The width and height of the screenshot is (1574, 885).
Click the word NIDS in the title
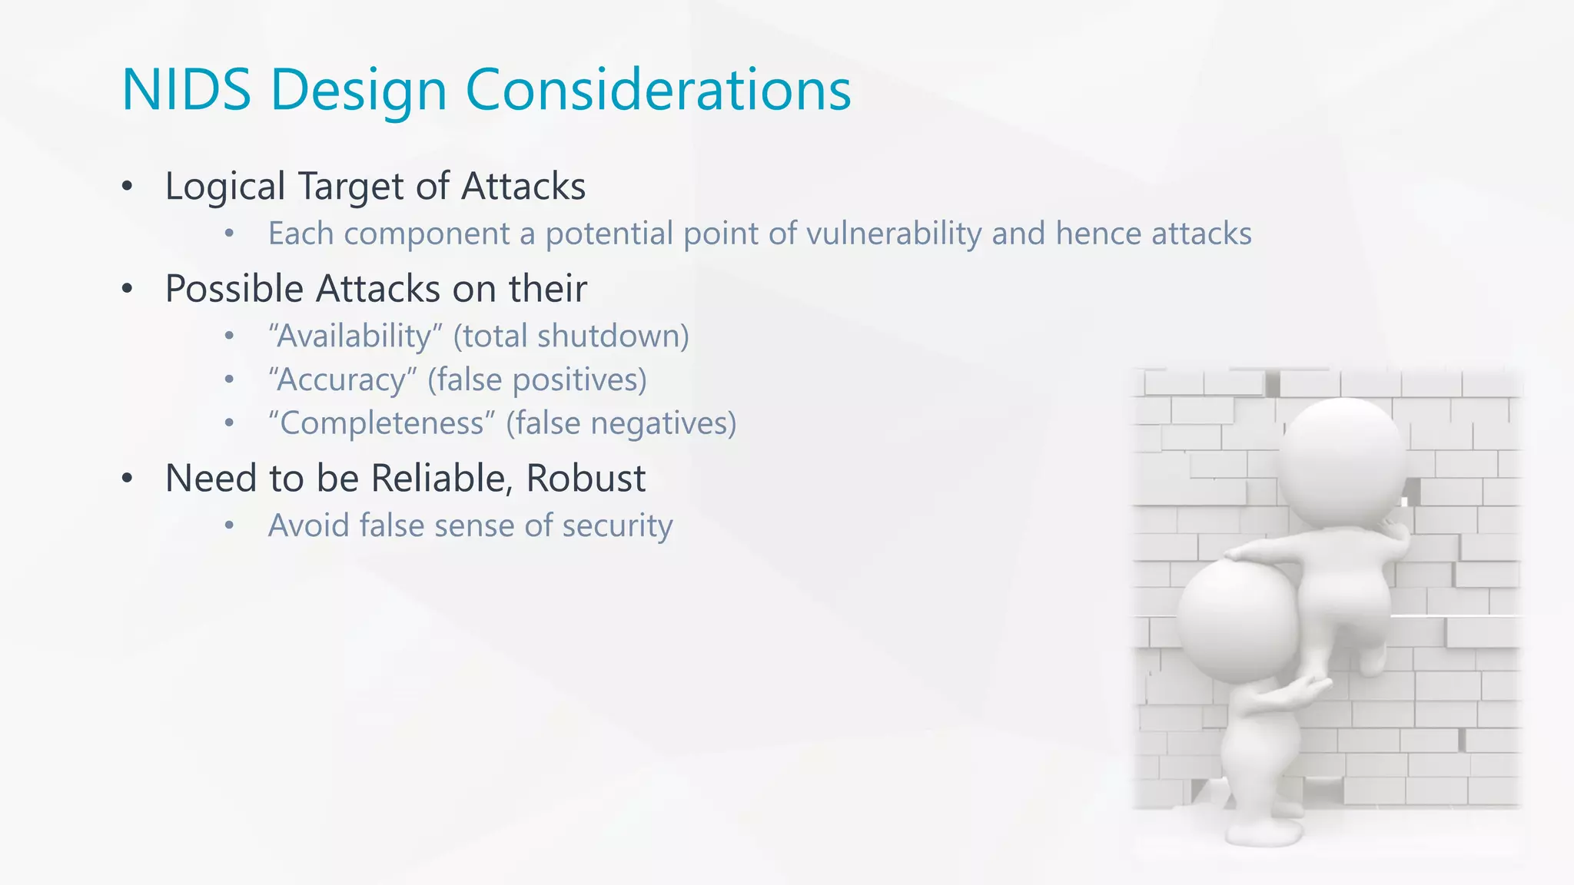pyautogui.click(x=187, y=90)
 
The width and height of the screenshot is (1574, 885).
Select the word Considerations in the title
pyautogui.click(x=658, y=90)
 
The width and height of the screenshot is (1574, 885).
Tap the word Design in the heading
pyautogui.click(x=358, y=90)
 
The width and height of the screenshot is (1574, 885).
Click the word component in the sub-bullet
pyautogui.click(x=427, y=234)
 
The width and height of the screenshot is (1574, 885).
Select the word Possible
pyautogui.click(x=234, y=290)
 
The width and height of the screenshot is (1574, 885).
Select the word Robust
pyautogui.click(x=586, y=479)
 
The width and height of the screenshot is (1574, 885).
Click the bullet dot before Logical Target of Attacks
pyautogui.click(x=128, y=187)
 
